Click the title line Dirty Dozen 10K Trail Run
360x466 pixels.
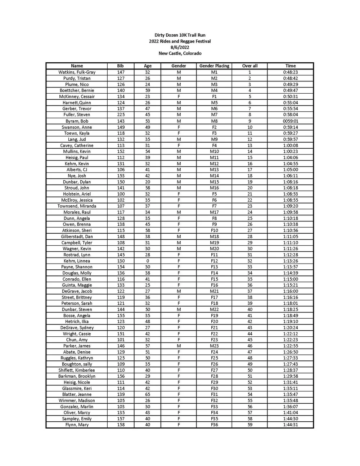tap(180, 35)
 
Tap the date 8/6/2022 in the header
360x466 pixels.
tap(180, 47)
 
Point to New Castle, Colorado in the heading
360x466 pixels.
tap(180, 53)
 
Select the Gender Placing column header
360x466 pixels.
tap(214, 66)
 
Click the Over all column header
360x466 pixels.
tap(249, 66)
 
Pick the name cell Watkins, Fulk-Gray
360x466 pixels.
tap(77, 72)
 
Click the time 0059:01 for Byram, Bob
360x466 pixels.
tap(290, 121)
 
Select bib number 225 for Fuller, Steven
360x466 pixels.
tap(121, 115)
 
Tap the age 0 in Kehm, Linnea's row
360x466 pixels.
tap(148, 261)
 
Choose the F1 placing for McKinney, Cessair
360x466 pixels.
tap(214, 97)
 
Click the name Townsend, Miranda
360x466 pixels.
tap(77, 206)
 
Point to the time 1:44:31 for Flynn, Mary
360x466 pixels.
tap(290, 425)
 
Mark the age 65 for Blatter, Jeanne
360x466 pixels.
tap(148, 394)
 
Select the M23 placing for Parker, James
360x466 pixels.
tap(214, 346)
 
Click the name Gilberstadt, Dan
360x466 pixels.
tap(77, 237)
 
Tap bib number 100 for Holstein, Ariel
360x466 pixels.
tap(121, 194)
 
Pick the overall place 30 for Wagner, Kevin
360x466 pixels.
tap(249, 248)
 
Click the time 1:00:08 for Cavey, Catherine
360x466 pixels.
tap(290, 145)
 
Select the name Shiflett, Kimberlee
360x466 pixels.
tap(77, 370)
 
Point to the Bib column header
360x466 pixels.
tap(121, 66)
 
